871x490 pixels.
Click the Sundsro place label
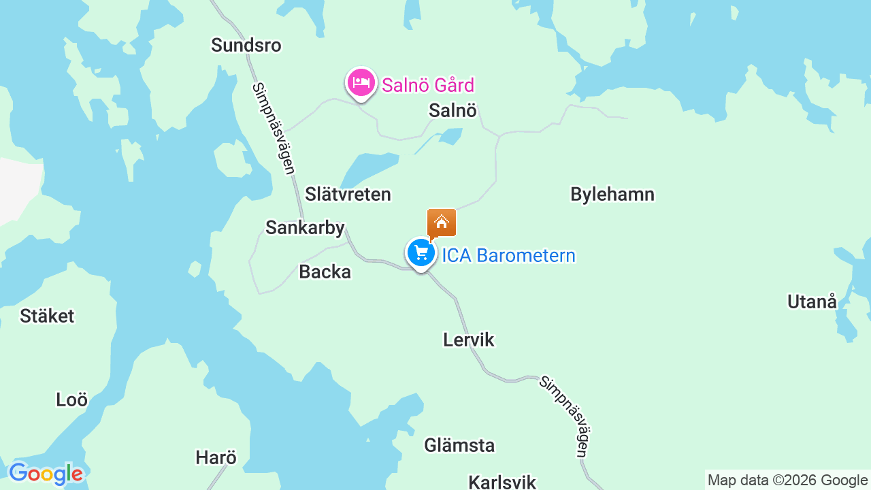(x=246, y=46)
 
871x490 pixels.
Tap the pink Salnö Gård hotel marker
(x=361, y=83)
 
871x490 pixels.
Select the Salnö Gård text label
(x=427, y=86)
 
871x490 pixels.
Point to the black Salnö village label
(x=453, y=110)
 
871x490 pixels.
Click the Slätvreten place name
(x=348, y=195)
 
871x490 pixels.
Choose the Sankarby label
(x=305, y=228)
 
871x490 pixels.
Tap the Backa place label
(x=325, y=272)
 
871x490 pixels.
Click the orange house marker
(x=441, y=223)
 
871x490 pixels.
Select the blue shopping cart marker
(x=421, y=253)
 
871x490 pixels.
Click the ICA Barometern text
(x=508, y=256)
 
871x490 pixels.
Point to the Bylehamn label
(x=612, y=195)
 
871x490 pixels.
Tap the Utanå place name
(x=812, y=301)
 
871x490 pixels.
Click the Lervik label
(x=468, y=340)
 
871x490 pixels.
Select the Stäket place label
(x=47, y=316)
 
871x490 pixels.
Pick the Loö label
(x=71, y=399)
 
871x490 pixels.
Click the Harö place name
(x=216, y=458)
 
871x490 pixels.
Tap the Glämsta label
(x=459, y=446)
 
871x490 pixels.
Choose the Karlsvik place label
(x=502, y=482)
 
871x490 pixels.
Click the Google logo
(x=46, y=474)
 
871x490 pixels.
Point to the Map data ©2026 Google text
(x=787, y=480)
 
